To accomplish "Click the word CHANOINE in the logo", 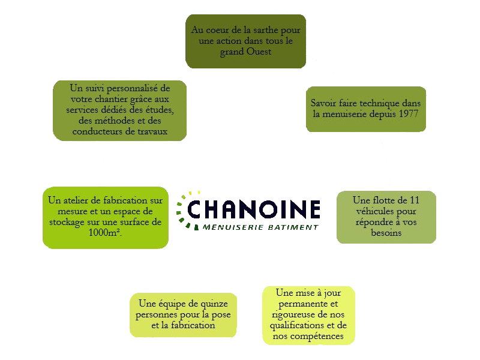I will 253,209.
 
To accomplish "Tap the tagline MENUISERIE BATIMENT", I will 260,227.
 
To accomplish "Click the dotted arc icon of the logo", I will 184,209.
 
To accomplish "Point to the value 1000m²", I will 109,232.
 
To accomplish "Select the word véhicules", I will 385,211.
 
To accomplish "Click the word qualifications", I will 295,325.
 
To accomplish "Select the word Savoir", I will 323,102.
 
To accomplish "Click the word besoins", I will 386,233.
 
